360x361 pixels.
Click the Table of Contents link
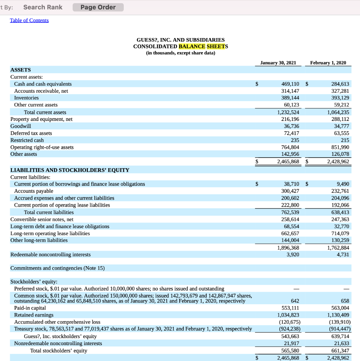[x=29, y=20]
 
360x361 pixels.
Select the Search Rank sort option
[x=43, y=7]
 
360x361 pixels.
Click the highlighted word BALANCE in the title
[x=192, y=47]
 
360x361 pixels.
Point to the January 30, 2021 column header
[x=278, y=63]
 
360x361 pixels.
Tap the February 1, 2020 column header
[x=328, y=63]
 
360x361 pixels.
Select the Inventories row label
[x=26, y=98]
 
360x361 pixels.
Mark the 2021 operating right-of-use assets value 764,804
[x=290, y=147]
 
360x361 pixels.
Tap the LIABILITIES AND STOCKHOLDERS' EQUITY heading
[x=70, y=170]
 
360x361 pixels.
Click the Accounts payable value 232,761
[x=340, y=191]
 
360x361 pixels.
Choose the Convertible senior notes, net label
[x=42, y=219]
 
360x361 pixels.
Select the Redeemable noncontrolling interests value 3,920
[x=293, y=254]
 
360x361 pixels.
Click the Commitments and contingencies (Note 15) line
[x=57, y=268]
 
